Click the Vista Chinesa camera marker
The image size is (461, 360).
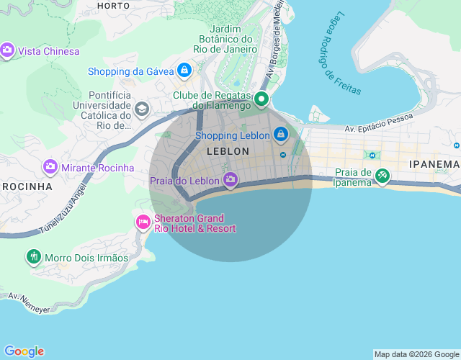8,50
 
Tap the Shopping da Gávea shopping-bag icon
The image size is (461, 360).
184,71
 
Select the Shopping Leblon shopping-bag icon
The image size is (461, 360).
280,135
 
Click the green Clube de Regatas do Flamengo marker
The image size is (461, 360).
262,99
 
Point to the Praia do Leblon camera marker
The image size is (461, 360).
230,180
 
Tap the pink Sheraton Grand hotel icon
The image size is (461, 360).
143,221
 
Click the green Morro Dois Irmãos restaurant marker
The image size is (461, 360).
33,256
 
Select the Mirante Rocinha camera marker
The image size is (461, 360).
50,167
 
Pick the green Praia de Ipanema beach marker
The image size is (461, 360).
382,175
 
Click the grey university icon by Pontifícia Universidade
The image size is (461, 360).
142,109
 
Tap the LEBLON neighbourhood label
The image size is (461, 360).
228,152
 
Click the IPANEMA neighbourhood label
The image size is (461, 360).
434,164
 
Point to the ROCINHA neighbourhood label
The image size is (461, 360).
27,186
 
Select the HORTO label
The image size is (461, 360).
113,5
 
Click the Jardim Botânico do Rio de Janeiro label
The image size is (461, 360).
225,39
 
